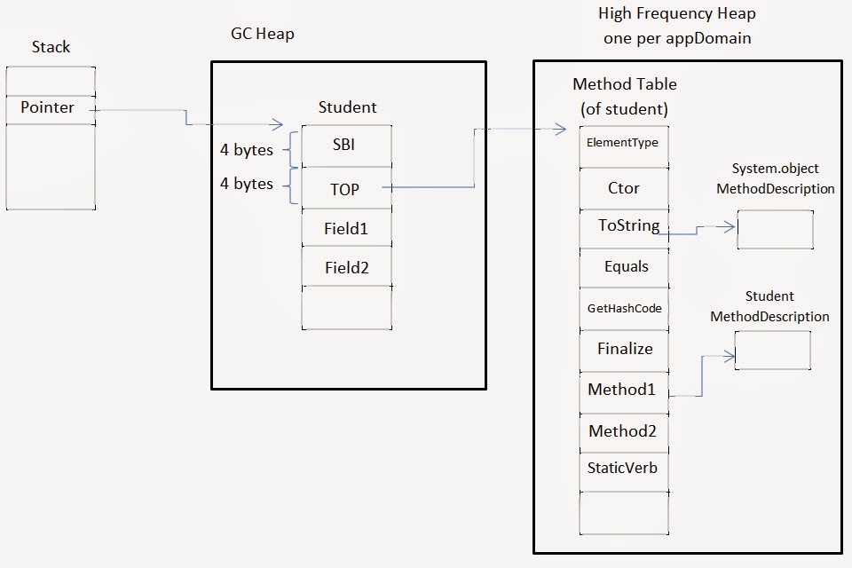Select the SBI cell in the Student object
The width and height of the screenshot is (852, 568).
346,146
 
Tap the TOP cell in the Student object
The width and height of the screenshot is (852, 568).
346,187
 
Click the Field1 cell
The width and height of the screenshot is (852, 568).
346,228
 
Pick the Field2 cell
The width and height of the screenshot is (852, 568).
346,267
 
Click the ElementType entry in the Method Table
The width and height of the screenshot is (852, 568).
623,143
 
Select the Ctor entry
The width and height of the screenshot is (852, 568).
623,188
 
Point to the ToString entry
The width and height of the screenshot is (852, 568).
623,227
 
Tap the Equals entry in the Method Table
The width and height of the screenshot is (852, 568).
623,267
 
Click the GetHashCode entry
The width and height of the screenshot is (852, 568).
623,309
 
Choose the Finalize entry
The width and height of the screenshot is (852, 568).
623,349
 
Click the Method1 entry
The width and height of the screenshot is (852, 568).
623,390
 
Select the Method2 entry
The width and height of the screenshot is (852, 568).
623,431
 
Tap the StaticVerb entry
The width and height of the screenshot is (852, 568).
623,468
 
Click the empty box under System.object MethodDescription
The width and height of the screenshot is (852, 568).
775,229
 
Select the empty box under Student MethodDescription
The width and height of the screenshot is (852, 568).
772,350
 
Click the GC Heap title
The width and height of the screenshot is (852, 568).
262,35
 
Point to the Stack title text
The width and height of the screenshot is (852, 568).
51,46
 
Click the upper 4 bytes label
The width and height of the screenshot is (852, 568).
247,150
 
